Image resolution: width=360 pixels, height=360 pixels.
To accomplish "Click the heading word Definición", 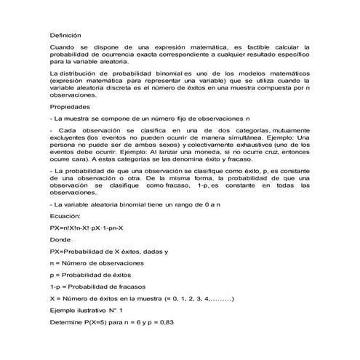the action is [x=65, y=34].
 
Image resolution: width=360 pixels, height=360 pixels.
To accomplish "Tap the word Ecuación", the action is [x=65, y=216].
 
